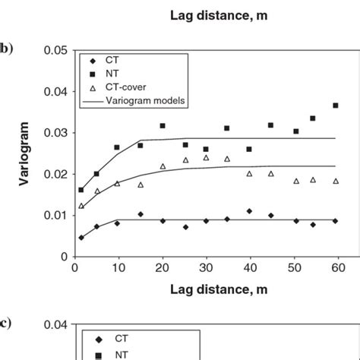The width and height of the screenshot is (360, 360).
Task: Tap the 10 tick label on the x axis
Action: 118,268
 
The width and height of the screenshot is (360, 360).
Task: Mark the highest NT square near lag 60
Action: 336,106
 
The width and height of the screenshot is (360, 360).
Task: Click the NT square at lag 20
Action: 163,125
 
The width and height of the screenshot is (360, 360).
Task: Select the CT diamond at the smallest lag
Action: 81,237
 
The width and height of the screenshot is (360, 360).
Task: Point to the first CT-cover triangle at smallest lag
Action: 81,206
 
